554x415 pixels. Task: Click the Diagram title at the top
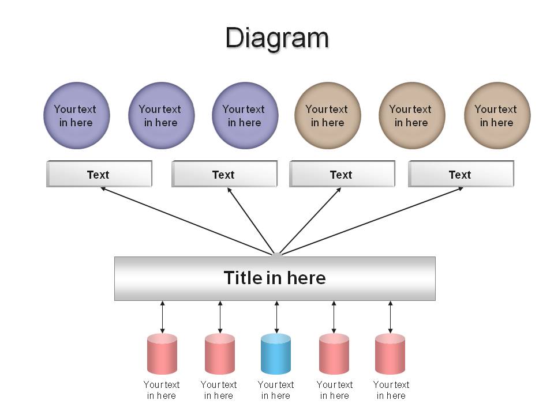(x=277, y=38)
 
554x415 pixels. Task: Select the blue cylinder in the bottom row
(x=276, y=354)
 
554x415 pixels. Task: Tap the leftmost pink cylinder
(x=162, y=354)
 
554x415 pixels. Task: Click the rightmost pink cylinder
(x=390, y=354)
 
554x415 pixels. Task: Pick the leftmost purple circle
(x=77, y=115)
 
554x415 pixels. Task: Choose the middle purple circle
(x=162, y=115)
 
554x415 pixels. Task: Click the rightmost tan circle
(x=497, y=115)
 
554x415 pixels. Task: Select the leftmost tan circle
(x=328, y=115)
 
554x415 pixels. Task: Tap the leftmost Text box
(x=99, y=174)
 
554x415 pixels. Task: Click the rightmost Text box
(x=461, y=174)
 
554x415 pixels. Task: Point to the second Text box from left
(x=224, y=174)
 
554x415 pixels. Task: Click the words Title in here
(x=275, y=278)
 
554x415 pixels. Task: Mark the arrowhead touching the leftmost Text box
(x=103, y=189)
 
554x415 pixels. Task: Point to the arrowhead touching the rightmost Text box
(x=461, y=189)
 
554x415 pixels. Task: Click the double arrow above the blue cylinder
(x=276, y=317)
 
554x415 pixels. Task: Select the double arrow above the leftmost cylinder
(x=163, y=317)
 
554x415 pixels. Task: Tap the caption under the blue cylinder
(x=276, y=390)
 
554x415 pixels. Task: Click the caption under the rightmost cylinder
(x=391, y=390)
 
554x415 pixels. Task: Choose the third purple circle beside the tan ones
(x=245, y=115)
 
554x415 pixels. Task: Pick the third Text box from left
(x=342, y=174)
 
